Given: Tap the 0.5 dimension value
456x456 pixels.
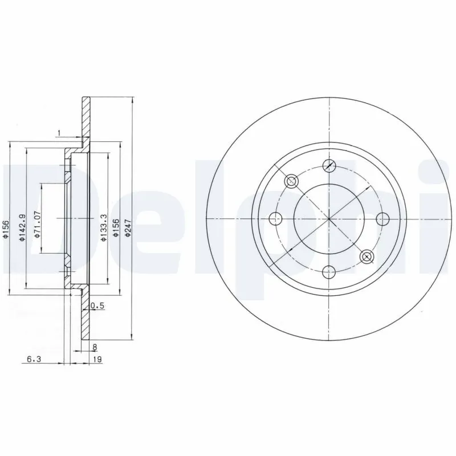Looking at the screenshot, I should (98, 306).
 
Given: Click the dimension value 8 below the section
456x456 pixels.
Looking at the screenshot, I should (95, 346).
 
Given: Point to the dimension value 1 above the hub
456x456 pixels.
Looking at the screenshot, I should (59, 133).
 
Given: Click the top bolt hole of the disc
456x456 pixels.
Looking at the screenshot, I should (329, 165).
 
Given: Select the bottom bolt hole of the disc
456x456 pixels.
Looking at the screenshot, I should (329, 271).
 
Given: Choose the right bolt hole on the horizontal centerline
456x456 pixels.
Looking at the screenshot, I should (382, 218).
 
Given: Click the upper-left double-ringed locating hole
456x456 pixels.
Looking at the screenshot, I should (291, 181).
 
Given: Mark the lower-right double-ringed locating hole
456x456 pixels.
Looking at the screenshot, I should (367, 256).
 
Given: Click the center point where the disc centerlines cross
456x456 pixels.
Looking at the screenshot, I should (329, 218).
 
